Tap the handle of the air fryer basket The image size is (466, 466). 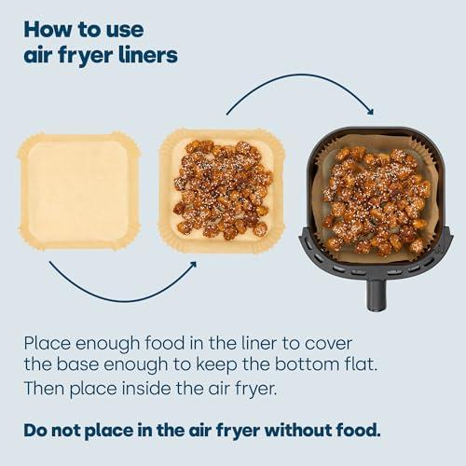(x=377, y=295)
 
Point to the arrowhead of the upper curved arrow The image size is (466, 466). (x=370, y=111)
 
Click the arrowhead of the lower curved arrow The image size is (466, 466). (x=192, y=266)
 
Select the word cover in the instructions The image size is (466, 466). (x=328, y=344)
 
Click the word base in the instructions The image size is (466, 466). (x=77, y=364)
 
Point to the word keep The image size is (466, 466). (x=217, y=365)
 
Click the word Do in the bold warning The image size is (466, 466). (x=35, y=431)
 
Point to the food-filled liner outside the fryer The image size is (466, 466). (x=222, y=190)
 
